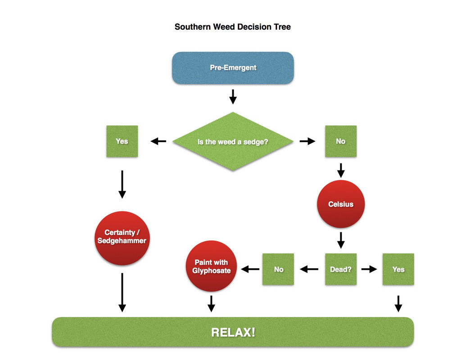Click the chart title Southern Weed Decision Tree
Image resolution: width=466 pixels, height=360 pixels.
click(233, 27)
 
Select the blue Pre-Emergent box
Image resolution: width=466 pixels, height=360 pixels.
click(233, 68)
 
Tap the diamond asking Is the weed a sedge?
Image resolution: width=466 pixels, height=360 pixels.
click(233, 141)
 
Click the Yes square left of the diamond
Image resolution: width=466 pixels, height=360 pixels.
click(122, 141)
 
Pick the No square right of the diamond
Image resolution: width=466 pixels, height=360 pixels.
click(341, 141)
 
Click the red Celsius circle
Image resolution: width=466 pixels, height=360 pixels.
click(341, 204)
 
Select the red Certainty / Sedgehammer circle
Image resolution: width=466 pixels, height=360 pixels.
click(122, 237)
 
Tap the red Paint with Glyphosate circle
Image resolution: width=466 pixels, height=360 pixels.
click(211, 266)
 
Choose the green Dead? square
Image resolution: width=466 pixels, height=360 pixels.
click(341, 269)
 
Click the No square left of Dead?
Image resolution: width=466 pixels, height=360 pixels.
click(278, 269)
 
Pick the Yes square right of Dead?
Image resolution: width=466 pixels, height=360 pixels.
click(398, 269)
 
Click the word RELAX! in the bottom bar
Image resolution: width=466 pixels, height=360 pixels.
click(233, 333)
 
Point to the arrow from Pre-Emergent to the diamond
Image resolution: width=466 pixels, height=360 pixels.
click(233, 97)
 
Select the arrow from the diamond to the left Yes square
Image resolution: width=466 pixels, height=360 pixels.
click(158, 141)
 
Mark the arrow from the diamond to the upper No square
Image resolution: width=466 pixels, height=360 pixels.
click(308, 141)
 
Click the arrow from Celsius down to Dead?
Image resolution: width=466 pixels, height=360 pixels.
click(341, 240)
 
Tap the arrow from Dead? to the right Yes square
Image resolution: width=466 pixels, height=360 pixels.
click(369, 269)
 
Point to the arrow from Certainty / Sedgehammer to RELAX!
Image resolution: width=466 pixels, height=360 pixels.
click(122, 292)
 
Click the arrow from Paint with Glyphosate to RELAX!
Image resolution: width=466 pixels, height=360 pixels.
click(211, 303)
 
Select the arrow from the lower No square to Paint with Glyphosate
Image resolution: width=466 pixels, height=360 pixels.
click(250, 269)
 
